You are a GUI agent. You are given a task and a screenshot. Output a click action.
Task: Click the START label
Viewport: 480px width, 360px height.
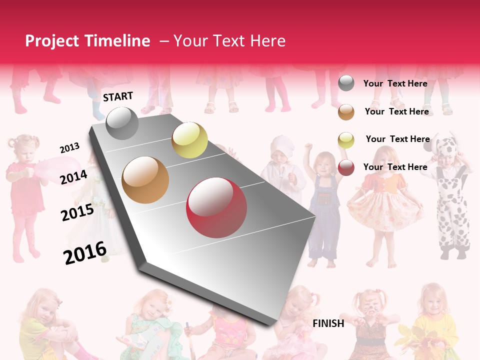(x=118, y=96)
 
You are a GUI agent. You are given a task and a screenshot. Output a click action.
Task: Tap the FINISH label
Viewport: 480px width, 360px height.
(x=328, y=323)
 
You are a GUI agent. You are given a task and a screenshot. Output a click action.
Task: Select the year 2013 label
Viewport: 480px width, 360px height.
(x=69, y=148)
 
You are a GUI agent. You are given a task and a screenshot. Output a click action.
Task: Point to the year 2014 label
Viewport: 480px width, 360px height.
(x=74, y=177)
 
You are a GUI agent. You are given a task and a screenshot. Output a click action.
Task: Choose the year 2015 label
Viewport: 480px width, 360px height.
(x=77, y=212)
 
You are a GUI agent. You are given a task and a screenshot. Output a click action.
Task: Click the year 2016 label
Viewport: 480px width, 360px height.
(x=85, y=252)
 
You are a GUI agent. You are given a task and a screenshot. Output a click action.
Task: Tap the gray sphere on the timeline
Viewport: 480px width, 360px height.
(x=122, y=123)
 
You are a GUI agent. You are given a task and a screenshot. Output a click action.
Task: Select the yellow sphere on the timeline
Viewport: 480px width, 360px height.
(x=189, y=140)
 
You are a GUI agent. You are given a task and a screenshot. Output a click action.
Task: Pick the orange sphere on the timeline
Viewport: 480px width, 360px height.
(x=145, y=180)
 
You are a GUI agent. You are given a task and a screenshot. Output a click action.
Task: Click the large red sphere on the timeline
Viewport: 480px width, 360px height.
(x=216, y=207)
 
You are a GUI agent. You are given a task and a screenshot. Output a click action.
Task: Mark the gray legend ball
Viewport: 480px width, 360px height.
(x=346, y=83)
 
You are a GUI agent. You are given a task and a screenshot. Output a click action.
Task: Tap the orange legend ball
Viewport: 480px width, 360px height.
(x=346, y=112)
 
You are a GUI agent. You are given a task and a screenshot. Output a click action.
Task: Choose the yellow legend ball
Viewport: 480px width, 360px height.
(x=346, y=140)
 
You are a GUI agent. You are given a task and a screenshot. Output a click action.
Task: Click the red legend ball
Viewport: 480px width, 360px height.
(x=346, y=167)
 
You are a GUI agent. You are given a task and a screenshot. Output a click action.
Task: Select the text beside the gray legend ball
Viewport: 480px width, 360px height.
(x=395, y=83)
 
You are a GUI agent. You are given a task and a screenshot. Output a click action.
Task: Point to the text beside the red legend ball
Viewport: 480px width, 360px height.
(x=395, y=167)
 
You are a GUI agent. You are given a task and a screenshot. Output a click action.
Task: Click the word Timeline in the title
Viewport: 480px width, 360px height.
(x=117, y=41)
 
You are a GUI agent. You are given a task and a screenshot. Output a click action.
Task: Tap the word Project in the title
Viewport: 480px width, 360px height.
(x=52, y=41)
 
